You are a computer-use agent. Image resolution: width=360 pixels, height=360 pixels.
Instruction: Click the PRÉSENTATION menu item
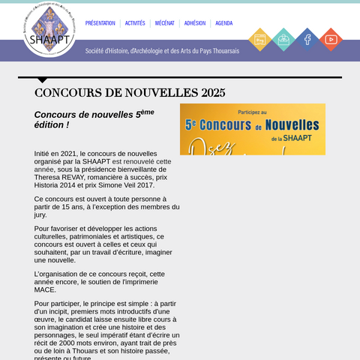pyautogui.click(x=100, y=23)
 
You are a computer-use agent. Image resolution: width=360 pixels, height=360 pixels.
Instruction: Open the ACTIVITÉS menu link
pyautogui.click(x=135, y=23)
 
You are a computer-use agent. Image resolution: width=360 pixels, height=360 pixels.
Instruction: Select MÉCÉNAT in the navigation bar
pyautogui.click(x=165, y=23)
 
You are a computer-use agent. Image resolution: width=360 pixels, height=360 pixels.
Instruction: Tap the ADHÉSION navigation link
pyautogui.click(x=195, y=23)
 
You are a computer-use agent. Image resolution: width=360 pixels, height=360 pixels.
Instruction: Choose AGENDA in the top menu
pyautogui.click(x=224, y=23)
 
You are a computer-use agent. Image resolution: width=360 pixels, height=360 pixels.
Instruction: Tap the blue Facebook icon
pyautogui.click(x=307, y=39)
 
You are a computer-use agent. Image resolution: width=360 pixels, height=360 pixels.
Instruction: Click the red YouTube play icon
pyautogui.click(x=331, y=39)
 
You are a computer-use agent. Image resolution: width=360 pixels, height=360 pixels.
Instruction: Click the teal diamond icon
pyautogui.click(x=283, y=39)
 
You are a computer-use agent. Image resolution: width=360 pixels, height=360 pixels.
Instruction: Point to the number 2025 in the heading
pyautogui.click(x=213, y=93)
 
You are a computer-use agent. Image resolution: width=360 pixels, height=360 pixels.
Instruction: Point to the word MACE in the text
pyautogui.click(x=46, y=290)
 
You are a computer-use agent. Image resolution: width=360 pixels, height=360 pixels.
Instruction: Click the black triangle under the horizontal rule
pyautogui.click(x=42, y=79)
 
